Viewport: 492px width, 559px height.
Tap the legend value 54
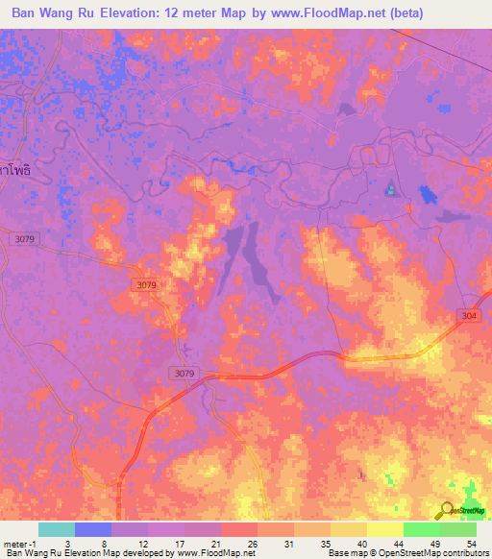point(471,543)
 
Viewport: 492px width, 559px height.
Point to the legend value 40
point(361,543)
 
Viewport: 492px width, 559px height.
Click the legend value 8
point(104,543)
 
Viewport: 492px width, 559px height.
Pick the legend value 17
point(178,543)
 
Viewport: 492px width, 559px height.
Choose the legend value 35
point(325,543)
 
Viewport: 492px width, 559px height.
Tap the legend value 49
point(435,543)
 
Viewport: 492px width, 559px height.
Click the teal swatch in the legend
point(57,529)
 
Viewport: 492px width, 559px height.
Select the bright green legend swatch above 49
point(422,529)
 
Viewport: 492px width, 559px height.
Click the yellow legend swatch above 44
point(385,529)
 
